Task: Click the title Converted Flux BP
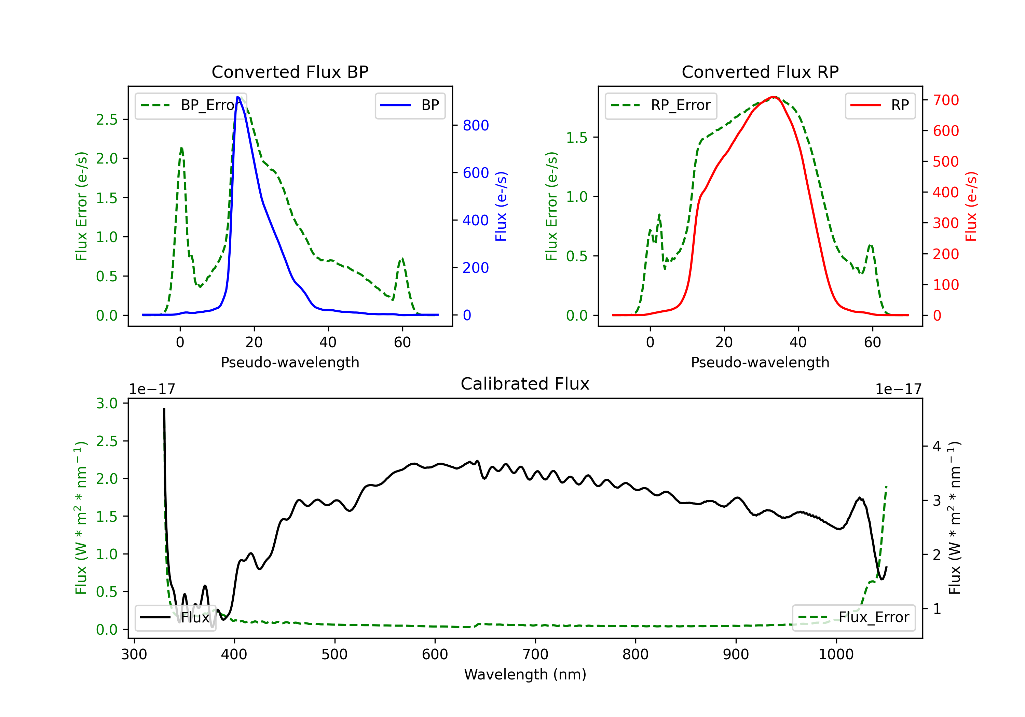[290, 72]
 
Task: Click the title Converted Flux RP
[760, 72]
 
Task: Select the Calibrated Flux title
[525, 384]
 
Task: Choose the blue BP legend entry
[410, 105]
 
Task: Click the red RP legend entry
[879, 105]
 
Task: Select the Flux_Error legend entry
[853, 618]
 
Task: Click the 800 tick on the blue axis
[476, 125]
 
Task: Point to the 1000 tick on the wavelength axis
[836, 655]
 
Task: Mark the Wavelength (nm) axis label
[525, 675]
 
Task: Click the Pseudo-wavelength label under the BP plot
[290, 362]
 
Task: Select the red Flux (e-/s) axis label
[971, 206]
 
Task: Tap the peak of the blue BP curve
[238, 97]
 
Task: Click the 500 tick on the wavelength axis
[334, 655]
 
